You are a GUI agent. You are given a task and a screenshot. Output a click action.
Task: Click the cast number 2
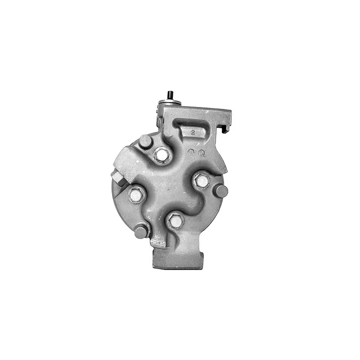pyautogui.click(x=193, y=133)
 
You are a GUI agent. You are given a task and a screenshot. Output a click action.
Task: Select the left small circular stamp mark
pyautogui.click(x=191, y=152)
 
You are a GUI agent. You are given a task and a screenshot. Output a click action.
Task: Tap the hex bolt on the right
pyautogui.click(x=201, y=181)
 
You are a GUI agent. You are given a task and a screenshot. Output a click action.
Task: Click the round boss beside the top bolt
pyautogui.click(x=145, y=142)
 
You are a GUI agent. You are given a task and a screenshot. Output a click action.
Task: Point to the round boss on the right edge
pyautogui.click(x=221, y=191)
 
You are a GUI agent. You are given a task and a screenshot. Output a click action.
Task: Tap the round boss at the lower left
pyautogui.click(x=141, y=232)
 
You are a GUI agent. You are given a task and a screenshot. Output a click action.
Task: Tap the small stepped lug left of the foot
pyautogui.click(x=158, y=244)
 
